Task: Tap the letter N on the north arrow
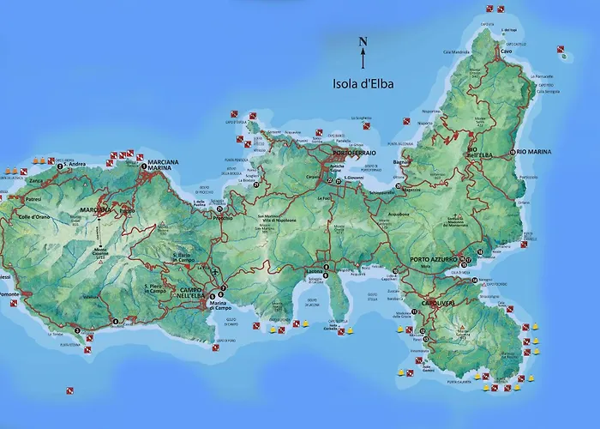[x=363, y=41]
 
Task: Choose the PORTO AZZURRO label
[x=433, y=260]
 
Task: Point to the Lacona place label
[x=315, y=272]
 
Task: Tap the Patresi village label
[x=33, y=198]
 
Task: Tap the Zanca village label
[x=35, y=181]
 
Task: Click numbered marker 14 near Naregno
[x=474, y=280]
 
